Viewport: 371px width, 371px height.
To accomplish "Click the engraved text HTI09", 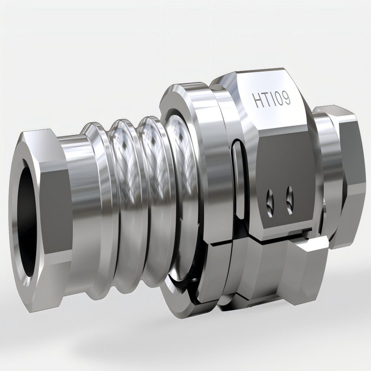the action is [271, 99].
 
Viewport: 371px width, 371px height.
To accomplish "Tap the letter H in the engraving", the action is [256, 101].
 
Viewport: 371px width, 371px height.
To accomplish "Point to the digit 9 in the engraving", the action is [286, 98].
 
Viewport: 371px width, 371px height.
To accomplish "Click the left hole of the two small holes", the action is [270, 203].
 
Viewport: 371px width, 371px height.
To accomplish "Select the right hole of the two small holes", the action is [289, 200].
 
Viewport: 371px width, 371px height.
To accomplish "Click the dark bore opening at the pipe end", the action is [26, 222].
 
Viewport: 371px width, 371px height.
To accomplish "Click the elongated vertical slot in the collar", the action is [239, 179].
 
